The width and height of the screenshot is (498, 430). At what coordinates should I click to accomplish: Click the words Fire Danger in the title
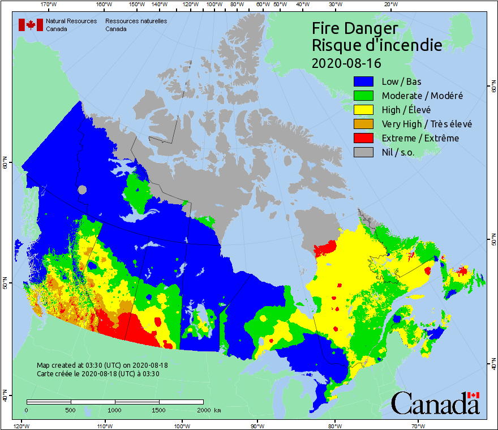point(355,28)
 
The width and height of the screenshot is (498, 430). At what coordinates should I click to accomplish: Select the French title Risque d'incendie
point(377,45)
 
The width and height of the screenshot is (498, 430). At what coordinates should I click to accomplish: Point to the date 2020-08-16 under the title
point(346,62)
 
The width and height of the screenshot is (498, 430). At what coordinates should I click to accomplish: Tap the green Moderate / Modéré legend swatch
point(363,96)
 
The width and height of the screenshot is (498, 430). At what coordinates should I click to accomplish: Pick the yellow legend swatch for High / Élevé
point(363,110)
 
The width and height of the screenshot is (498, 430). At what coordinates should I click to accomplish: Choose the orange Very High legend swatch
point(363,124)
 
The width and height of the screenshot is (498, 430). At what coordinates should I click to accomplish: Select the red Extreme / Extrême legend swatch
point(363,138)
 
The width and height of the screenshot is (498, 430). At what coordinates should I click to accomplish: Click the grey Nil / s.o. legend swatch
point(363,152)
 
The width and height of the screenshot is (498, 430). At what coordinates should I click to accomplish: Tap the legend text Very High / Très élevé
point(427,124)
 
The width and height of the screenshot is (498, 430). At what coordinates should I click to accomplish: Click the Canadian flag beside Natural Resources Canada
point(31,25)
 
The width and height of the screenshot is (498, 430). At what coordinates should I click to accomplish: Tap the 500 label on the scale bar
point(70,410)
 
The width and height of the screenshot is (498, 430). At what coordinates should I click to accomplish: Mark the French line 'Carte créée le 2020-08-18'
point(97,373)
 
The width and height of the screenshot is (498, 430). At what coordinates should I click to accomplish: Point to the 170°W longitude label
point(49,5)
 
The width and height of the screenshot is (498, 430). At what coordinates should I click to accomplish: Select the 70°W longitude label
point(418,425)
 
